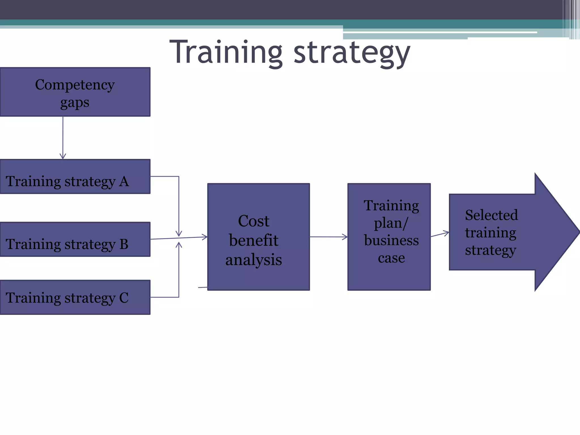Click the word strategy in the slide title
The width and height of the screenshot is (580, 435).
coord(352,54)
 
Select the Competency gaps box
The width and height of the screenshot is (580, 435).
coord(75,92)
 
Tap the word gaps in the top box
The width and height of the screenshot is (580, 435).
coord(75,103)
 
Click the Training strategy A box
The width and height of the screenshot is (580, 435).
coord(75,176)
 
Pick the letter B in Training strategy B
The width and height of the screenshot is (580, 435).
coord(124,244)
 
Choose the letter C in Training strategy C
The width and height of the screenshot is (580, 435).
coord(124,298)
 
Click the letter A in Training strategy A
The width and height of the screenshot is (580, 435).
coord(124,182)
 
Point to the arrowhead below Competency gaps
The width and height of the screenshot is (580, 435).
coord(63,156)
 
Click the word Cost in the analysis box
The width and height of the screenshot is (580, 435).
coord(253,221)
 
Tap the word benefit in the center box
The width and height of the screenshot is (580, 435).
coord(253,240)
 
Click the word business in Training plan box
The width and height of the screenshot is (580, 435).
coord(391,240)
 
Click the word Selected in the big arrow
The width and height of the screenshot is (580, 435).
coord(491,215)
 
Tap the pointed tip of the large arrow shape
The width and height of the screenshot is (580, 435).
coord(578,232)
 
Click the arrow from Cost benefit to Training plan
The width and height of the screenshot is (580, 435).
coord(329,237)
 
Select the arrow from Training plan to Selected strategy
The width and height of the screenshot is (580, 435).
coord(440,234)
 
